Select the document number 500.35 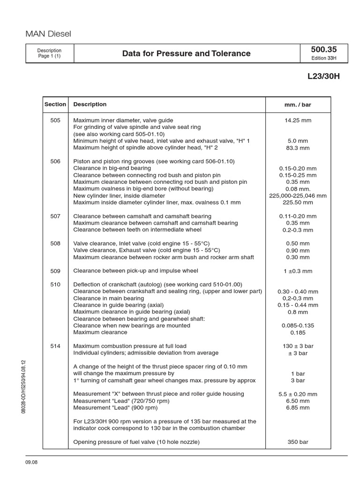(x=323, y=50)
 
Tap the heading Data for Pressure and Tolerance (x=186, y=53)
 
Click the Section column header (x=55, y=105)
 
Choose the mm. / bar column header (x=298, y=105)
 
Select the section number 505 (x=55, y=120)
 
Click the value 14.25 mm (x=298, y=120)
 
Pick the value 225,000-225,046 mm (x=298, y=195)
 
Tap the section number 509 (x=55, y=271)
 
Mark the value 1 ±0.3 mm (x=298, y=271)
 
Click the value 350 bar (x=298, y=442)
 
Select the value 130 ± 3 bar (x=298, y=346)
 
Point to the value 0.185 (x=298, y=332)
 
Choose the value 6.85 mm (x=298, y=408)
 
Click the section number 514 (x=55, y=346)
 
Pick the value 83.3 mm (x=298, y=148)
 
